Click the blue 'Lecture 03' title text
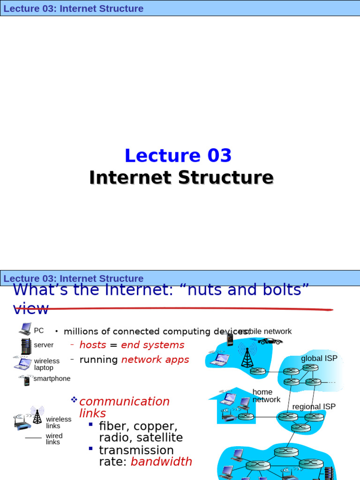coord(178,156)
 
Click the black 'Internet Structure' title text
coord(181,178)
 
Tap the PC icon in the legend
coord(25,330)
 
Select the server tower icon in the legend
coord(25,346)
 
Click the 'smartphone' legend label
coord(52,379)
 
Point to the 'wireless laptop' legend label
coord(46,364)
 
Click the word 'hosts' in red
coord(93,345)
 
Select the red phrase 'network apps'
coord(155,360)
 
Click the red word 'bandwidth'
coord(161,462)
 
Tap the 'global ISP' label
coord(319,359)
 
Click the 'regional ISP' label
coord(314,407)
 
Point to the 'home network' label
coord(266,396)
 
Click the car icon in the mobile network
coord(270,341)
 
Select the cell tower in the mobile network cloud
coord(247,357)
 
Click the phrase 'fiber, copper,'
coord(138,427)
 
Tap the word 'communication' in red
coord(125,402)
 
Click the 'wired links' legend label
coord(54,439)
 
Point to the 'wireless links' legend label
coord(59,422)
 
